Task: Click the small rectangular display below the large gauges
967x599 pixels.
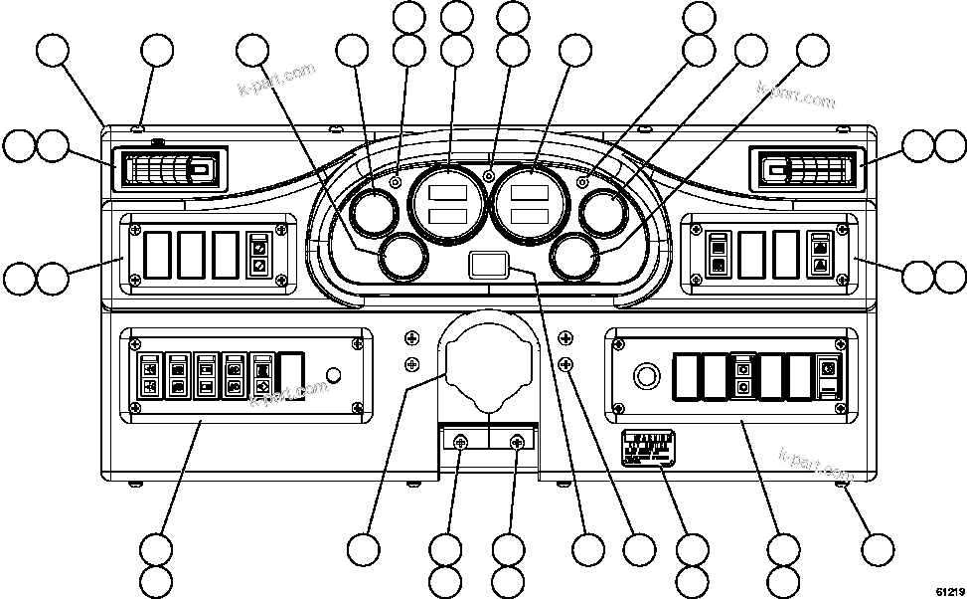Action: click(488, 265)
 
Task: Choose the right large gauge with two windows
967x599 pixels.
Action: click(532, 205)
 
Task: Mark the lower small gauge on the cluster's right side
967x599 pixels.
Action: click(575, 257)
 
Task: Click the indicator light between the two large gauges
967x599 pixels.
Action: click(489, 176)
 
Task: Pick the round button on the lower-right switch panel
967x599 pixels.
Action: click(646, 376)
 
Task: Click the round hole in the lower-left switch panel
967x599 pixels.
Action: click(335, 376)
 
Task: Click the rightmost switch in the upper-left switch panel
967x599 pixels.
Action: click(258, 255)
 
